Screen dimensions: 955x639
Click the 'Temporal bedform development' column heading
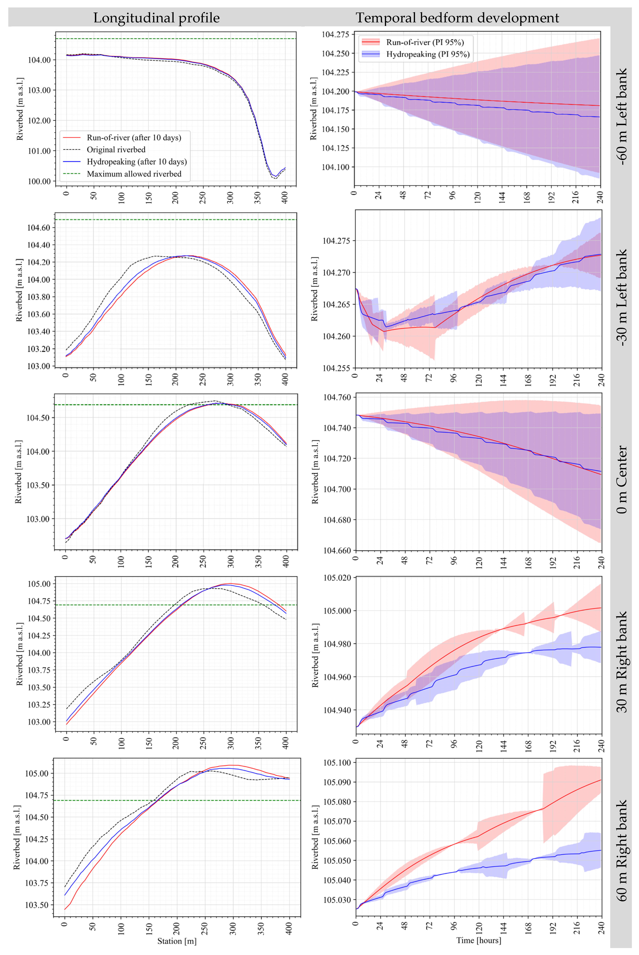457,18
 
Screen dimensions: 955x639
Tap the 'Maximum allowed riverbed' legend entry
134,174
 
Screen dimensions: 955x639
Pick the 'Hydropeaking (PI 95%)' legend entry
428,54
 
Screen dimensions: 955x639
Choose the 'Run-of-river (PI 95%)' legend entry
425,42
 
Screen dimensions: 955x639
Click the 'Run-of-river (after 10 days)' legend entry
134,137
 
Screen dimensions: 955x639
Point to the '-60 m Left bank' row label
622,116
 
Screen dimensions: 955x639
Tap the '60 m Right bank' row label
622,850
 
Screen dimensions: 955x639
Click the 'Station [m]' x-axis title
177,941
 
